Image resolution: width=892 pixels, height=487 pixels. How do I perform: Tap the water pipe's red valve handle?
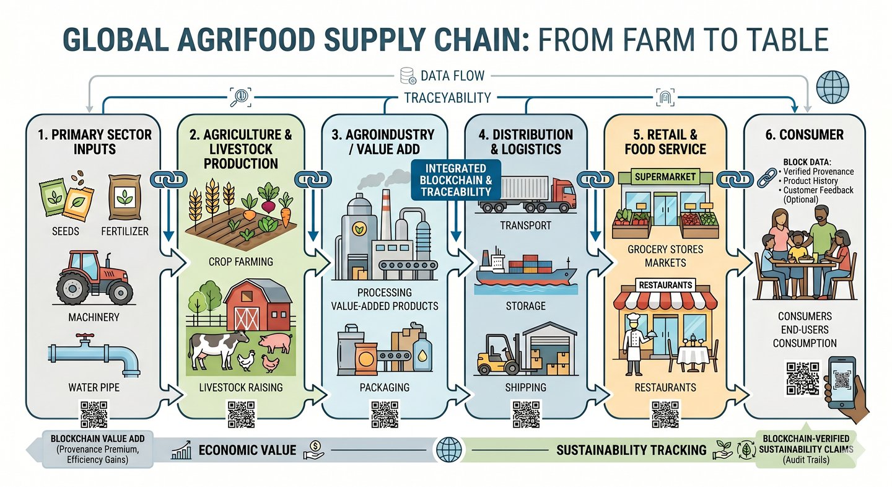[85, 337]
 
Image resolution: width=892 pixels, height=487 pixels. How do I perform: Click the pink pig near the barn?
[275, 343]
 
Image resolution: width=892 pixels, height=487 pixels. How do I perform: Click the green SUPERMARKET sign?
[665, 177]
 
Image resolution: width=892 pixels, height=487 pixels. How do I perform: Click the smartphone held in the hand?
[842, 382]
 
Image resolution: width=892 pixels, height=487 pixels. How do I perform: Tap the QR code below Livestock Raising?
[241, 414]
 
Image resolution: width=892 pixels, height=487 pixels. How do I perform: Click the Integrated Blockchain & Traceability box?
[455, 180]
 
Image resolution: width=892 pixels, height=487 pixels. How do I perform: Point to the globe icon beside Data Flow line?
[833, 87]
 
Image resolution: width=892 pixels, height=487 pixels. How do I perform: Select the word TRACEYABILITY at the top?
[448, 98]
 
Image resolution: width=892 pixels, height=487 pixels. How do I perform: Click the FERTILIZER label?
[125, 231]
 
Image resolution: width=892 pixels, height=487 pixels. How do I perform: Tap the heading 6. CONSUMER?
[805, 134]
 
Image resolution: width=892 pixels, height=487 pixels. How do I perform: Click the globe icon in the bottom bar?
[448, 450]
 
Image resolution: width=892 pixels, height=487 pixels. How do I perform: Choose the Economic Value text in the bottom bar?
[247, 450]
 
